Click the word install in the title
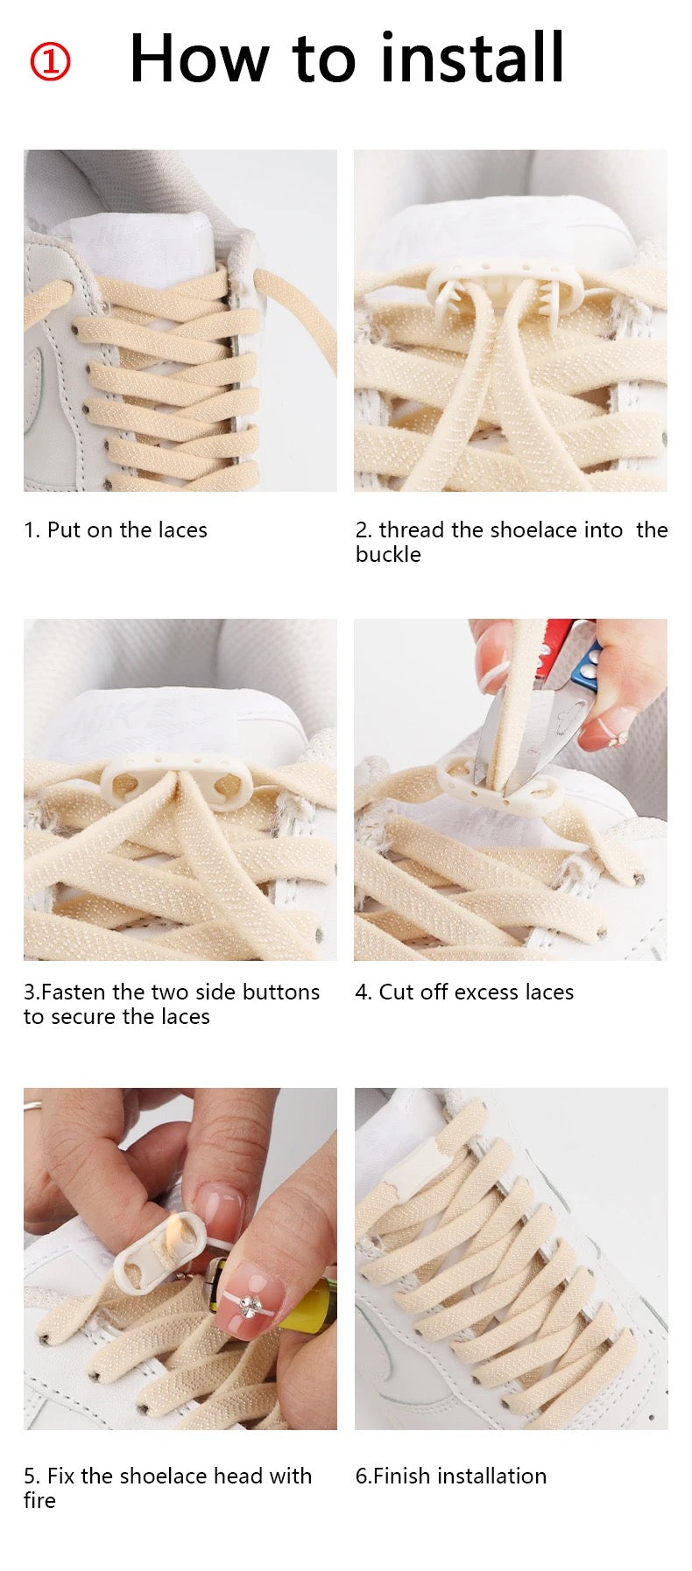pos(472,58)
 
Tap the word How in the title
pos(199,59)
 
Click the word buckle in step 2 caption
pos(388,555)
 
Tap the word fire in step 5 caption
pos(39,1500)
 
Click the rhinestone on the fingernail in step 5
pos(251,1305)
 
